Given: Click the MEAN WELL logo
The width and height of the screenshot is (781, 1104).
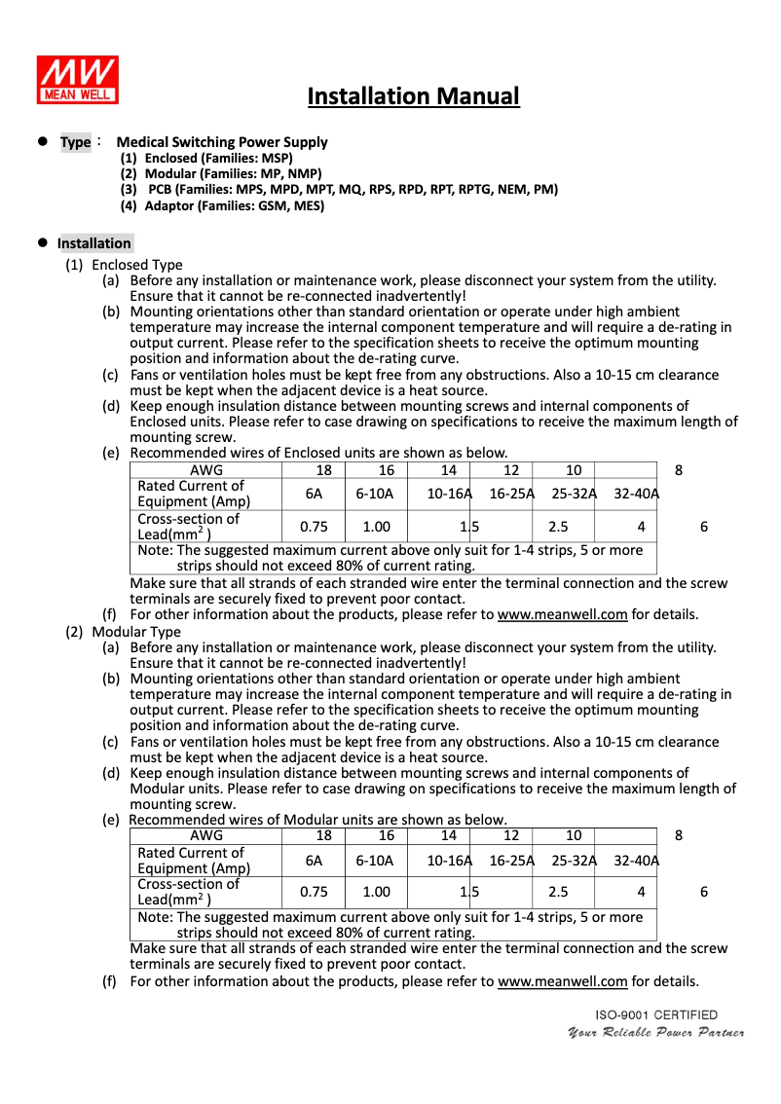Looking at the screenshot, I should [78, 80].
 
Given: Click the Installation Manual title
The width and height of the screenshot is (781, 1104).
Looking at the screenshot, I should [413, 96].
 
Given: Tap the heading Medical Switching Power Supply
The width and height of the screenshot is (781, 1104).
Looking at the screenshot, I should [222, 142].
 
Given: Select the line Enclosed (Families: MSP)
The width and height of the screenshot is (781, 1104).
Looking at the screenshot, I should [206, 158].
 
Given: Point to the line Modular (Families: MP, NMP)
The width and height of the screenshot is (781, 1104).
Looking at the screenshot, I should [221, 173].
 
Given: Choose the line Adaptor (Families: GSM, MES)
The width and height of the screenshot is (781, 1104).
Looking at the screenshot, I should [222, 205].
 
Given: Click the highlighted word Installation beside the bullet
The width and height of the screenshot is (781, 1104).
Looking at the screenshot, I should [93, 243].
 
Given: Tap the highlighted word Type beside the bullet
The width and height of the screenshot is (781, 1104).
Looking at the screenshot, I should [75, 142].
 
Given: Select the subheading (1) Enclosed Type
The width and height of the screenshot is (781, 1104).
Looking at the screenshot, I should [124, 265].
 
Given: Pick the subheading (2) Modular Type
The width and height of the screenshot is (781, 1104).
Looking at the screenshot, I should [123, 632].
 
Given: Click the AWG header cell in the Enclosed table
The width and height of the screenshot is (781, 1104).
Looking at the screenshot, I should [206, 470].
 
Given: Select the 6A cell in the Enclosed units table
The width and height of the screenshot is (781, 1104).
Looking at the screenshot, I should [314, 494].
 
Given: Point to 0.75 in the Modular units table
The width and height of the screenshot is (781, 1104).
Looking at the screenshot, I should [314, 892].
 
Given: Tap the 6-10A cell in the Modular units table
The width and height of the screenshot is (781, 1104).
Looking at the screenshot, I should [375, 861].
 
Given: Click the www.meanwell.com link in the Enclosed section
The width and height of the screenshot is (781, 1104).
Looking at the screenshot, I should [562, 615].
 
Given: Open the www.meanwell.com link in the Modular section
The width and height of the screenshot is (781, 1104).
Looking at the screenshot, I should [562, 981].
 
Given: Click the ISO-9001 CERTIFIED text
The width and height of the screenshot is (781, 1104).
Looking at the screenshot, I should [656, 1015].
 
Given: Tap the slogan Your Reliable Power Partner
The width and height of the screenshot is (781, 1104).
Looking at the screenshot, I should [656, 1033].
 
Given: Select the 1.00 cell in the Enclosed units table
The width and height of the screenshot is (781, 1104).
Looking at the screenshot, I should [376, 527].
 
